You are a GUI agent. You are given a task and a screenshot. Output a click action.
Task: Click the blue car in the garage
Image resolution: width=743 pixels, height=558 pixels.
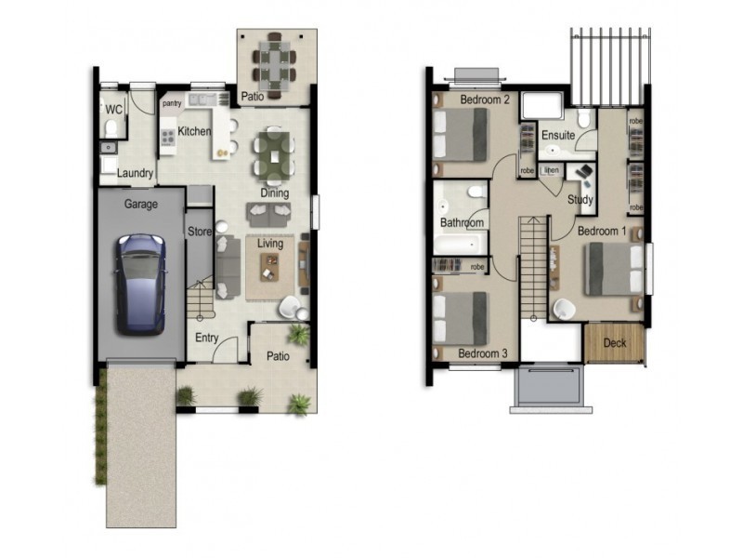pos(140,283)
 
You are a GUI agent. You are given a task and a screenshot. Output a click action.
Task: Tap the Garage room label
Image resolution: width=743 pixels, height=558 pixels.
pos(140,204)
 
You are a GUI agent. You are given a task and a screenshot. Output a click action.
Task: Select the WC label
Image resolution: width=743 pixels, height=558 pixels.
pos(113,110)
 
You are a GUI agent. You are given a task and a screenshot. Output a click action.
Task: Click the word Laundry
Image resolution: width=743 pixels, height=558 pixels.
pos(135,173)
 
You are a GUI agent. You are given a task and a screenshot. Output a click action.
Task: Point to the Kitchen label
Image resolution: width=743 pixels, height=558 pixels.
pos(195,131)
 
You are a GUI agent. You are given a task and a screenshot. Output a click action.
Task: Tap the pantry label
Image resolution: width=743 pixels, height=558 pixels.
pos(172,104)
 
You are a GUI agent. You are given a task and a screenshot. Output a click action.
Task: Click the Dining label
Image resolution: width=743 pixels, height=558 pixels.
pos(274,193)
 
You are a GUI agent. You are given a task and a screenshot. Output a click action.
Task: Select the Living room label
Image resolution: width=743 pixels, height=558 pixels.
pos(270,244)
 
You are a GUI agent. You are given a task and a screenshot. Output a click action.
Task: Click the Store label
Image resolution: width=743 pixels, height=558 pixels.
pos(199,231)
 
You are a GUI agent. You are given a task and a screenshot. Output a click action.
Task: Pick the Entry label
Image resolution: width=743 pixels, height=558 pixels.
pos(206,338)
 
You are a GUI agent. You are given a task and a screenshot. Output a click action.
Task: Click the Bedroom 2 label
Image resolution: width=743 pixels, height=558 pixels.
pos(484,100)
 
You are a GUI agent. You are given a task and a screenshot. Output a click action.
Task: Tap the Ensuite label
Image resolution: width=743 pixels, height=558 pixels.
pos(558,136)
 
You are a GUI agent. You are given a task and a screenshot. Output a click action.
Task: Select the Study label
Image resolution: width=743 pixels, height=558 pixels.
pos(580,199)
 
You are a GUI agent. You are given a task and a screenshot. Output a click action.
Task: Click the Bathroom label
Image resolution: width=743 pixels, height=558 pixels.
pos(462,223)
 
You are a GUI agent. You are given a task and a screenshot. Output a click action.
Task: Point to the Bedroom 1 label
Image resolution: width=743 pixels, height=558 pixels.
pos(602,230)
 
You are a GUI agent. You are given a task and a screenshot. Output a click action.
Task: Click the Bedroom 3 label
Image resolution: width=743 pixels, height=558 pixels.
pos(483,353)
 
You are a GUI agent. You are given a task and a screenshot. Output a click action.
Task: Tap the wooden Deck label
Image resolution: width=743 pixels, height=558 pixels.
pos(615,343)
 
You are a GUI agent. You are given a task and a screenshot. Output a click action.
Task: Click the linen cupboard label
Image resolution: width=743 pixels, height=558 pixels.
pos(552,170)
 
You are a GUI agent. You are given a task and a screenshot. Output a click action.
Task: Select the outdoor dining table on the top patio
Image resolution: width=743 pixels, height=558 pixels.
pos(274,59)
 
